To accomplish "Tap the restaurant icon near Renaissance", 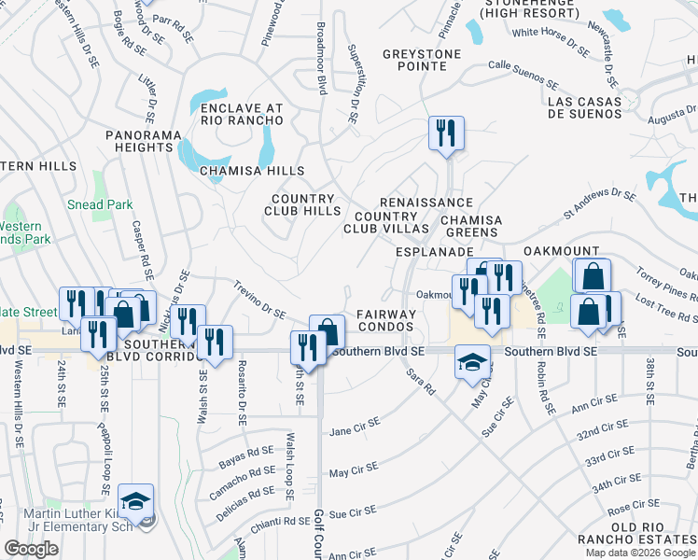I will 446,133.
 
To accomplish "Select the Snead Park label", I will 99,205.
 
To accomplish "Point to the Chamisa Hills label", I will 252,171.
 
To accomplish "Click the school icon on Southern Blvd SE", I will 472,361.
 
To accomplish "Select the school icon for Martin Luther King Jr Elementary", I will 136,501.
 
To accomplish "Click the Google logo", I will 31,549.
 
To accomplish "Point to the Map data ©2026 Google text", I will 639,553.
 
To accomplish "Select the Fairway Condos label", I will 385,321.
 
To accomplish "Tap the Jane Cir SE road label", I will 355,427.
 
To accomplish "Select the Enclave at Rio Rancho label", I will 242,115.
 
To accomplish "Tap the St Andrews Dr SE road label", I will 599,204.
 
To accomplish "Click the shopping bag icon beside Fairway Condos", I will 327,330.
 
